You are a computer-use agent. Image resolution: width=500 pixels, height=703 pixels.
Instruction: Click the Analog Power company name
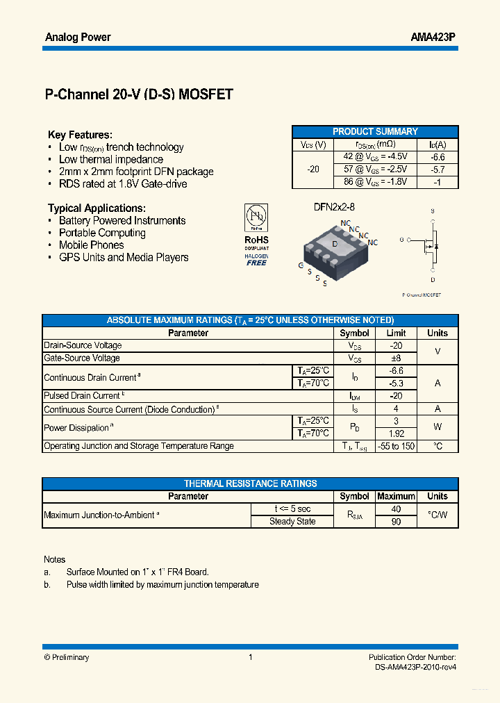pos(78,37)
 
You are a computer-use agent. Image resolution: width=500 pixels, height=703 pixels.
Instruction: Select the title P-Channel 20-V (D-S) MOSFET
pos(139,95)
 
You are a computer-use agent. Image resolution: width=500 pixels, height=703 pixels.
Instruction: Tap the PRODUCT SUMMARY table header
pos(375,131)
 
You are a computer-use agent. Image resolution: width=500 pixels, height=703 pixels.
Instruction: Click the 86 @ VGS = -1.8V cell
pos(376,182)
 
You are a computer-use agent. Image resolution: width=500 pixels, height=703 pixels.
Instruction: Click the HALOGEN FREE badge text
pos(256,260)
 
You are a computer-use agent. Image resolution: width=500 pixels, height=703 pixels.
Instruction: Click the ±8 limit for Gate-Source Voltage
pos(396,358)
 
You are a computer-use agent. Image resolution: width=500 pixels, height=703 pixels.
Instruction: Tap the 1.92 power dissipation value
pos(396,433)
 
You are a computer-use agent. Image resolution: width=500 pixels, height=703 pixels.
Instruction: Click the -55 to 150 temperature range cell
pos(396,446)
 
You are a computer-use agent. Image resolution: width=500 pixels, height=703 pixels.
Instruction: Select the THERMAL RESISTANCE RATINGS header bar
pos(250,483)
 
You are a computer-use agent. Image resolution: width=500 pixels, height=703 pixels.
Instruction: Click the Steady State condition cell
pos(292,522)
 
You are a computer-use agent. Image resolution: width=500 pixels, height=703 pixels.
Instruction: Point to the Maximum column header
pos(396,497)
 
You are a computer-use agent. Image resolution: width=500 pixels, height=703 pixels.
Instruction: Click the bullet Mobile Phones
pos(91,245)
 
